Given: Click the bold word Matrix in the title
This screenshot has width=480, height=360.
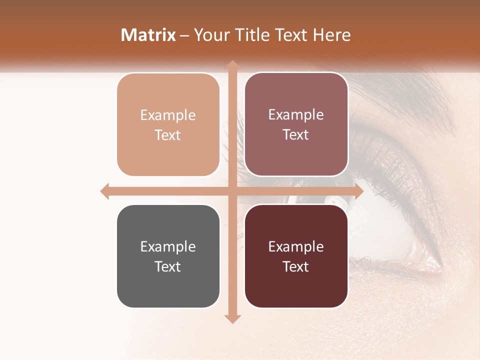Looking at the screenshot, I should (148, 35).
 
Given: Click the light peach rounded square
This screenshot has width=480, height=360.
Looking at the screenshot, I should (168, 124).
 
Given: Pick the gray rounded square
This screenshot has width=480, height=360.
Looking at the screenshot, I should (168, 256).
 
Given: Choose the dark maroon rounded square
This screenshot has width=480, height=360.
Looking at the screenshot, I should (296, 256).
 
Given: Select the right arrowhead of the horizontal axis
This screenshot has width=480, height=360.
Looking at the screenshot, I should (358, 191).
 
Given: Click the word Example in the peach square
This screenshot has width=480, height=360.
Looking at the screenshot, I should (168, 115).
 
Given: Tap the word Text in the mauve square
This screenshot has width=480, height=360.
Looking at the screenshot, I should (296, 134).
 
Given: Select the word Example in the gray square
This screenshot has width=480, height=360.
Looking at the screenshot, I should (168, 247).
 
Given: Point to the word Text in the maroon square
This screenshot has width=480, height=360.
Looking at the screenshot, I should (296, 266).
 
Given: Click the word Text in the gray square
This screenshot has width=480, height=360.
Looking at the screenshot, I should (168, 266).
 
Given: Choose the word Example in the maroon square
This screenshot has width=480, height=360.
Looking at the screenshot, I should (296, 247).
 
